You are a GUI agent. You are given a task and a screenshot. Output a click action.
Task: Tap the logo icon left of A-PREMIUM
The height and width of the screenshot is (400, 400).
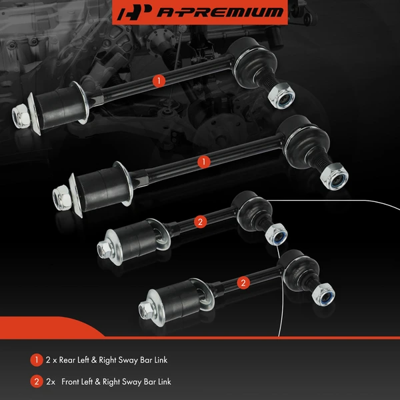pos(132,12)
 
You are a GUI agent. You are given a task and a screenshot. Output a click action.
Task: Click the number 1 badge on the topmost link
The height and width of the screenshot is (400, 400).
pos(158,81)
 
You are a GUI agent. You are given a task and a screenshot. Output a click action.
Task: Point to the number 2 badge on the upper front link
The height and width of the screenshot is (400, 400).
pos(199,221)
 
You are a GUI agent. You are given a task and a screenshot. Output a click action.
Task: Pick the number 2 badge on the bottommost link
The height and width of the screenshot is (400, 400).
pos(243,283)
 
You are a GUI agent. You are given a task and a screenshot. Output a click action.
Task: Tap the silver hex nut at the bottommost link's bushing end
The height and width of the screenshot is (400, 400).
pos(146,309)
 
